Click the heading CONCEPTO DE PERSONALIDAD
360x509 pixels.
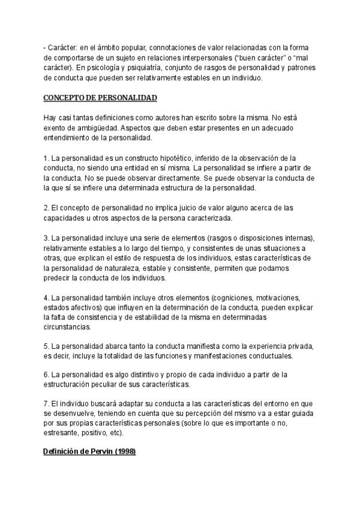click(101, 97)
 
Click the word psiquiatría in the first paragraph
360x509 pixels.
click(136, 68)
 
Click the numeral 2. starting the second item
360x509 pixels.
click(47, 208)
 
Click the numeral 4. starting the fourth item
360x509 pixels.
click(47, 298)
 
